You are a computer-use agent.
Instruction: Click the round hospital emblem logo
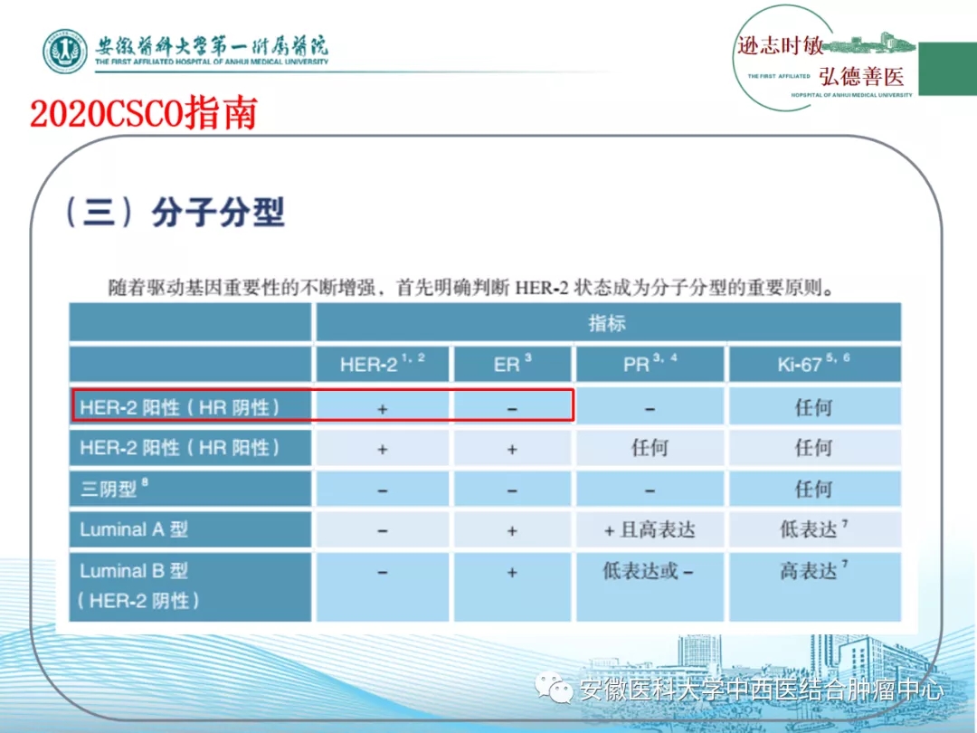pyautogui.click(x=65, y=51)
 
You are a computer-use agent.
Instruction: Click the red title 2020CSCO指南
pyautogui.click(x=144, y=113)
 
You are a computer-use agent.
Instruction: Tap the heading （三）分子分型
pyautogui.click(x=174, y=213)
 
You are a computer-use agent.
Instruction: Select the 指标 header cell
pyautogui.click(x=608, y=323)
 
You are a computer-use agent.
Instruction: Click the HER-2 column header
pyautogui.click(x=383, y=364)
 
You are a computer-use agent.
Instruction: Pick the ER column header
pyautogui.click(x=512, y=364)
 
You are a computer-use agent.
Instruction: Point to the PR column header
pyautogui.click(x=650, y=364)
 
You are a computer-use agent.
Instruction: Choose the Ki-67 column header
pyautogui.click(x=814, y=364)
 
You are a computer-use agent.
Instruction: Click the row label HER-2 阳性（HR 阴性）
pyautogui.click(x=180, y=407)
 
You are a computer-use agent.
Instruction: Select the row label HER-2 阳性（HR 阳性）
pyautogui.click(x=180, y=448)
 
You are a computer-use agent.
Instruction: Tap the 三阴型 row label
pyautogui.click(x=114, y=488)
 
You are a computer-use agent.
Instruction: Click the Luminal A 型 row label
pyautogui.click(x=134, y=529)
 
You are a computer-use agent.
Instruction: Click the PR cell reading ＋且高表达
pyautogui.click(x=650, y=529)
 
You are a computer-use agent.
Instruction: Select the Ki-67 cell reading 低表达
pyautogui.click(x=814, y=528)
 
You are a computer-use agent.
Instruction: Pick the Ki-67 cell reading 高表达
pyautogui.click(x=814, y=570)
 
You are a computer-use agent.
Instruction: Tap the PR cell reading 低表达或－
pyautogui.click(x=648, y=571)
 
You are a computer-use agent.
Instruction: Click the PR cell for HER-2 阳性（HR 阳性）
pyautogui.click(x=650, y=448)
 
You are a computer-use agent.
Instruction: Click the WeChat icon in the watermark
pyautogui.click(x=554, y=688)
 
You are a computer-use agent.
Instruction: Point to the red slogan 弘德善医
pyautogui.click(x=862, y=77)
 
